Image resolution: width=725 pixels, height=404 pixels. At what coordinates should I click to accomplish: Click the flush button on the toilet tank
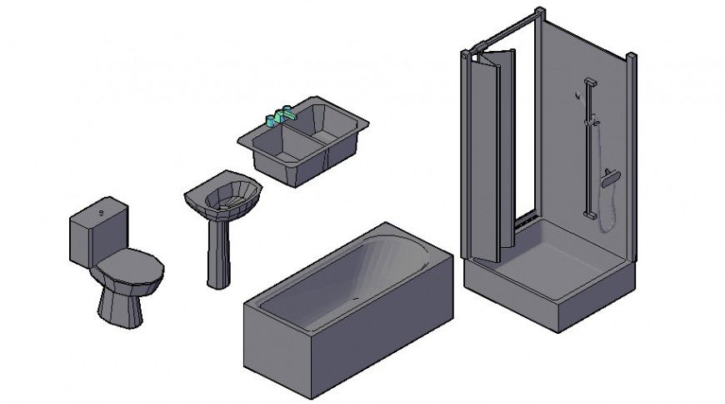click(x=101, y=213)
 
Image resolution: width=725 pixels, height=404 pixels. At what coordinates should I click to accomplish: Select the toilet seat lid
click(x=129, y=268)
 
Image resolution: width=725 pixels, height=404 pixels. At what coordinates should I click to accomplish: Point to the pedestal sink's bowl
click(x=223, y=194)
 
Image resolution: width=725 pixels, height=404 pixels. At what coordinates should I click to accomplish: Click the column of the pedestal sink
click(x=217, y=250)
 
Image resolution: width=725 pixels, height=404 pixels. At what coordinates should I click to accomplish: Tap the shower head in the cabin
click(x=611, y=177)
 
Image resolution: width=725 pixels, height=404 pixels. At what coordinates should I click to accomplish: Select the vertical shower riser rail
click(x=589, y=150)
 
